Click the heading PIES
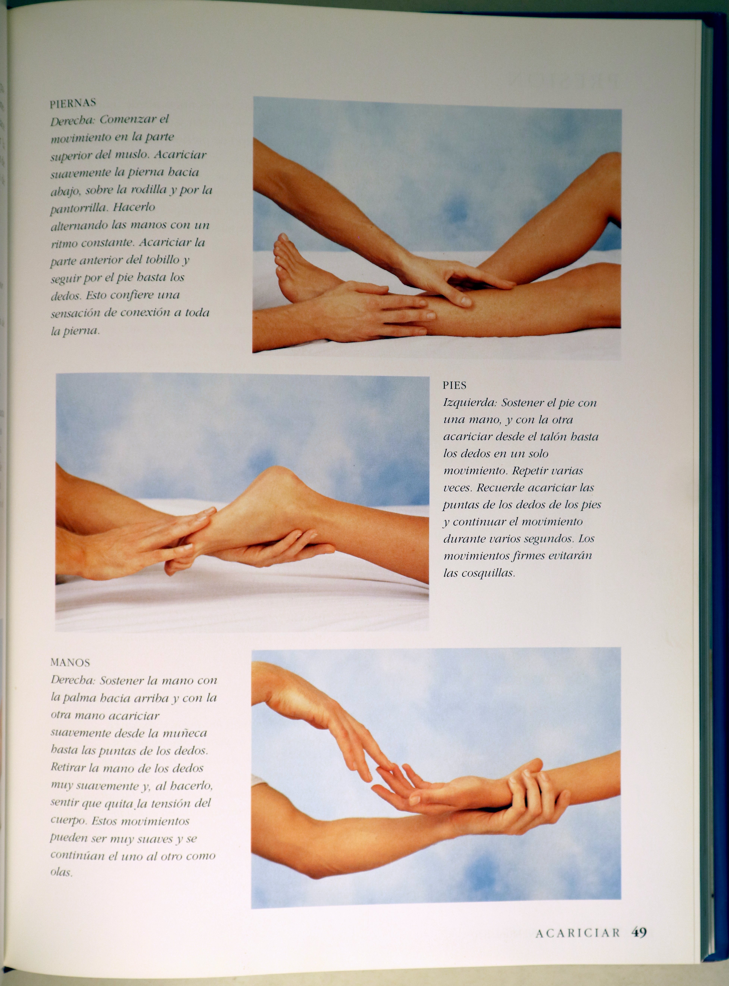click(455, 385)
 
